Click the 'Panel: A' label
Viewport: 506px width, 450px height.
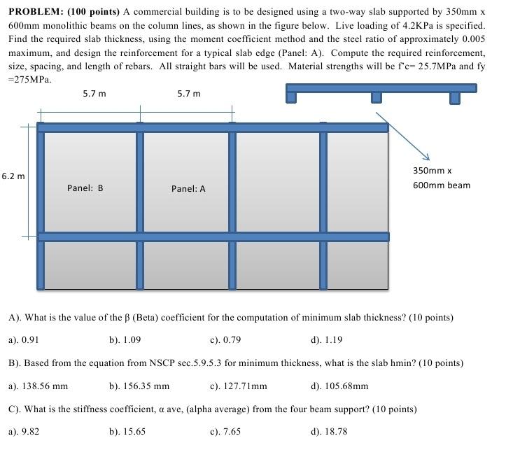tap(188, 189)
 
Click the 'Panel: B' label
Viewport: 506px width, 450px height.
tap(85, 188)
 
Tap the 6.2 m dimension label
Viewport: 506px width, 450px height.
tap(13, 176)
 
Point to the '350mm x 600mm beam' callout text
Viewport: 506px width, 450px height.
tap(441, 178)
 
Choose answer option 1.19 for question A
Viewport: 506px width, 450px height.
tap(327, 340)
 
